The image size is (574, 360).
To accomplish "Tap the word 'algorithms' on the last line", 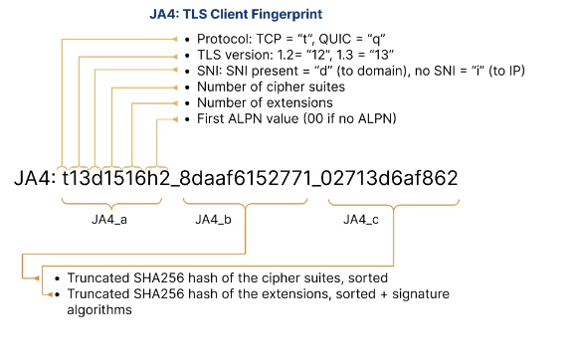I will point(98,310).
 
